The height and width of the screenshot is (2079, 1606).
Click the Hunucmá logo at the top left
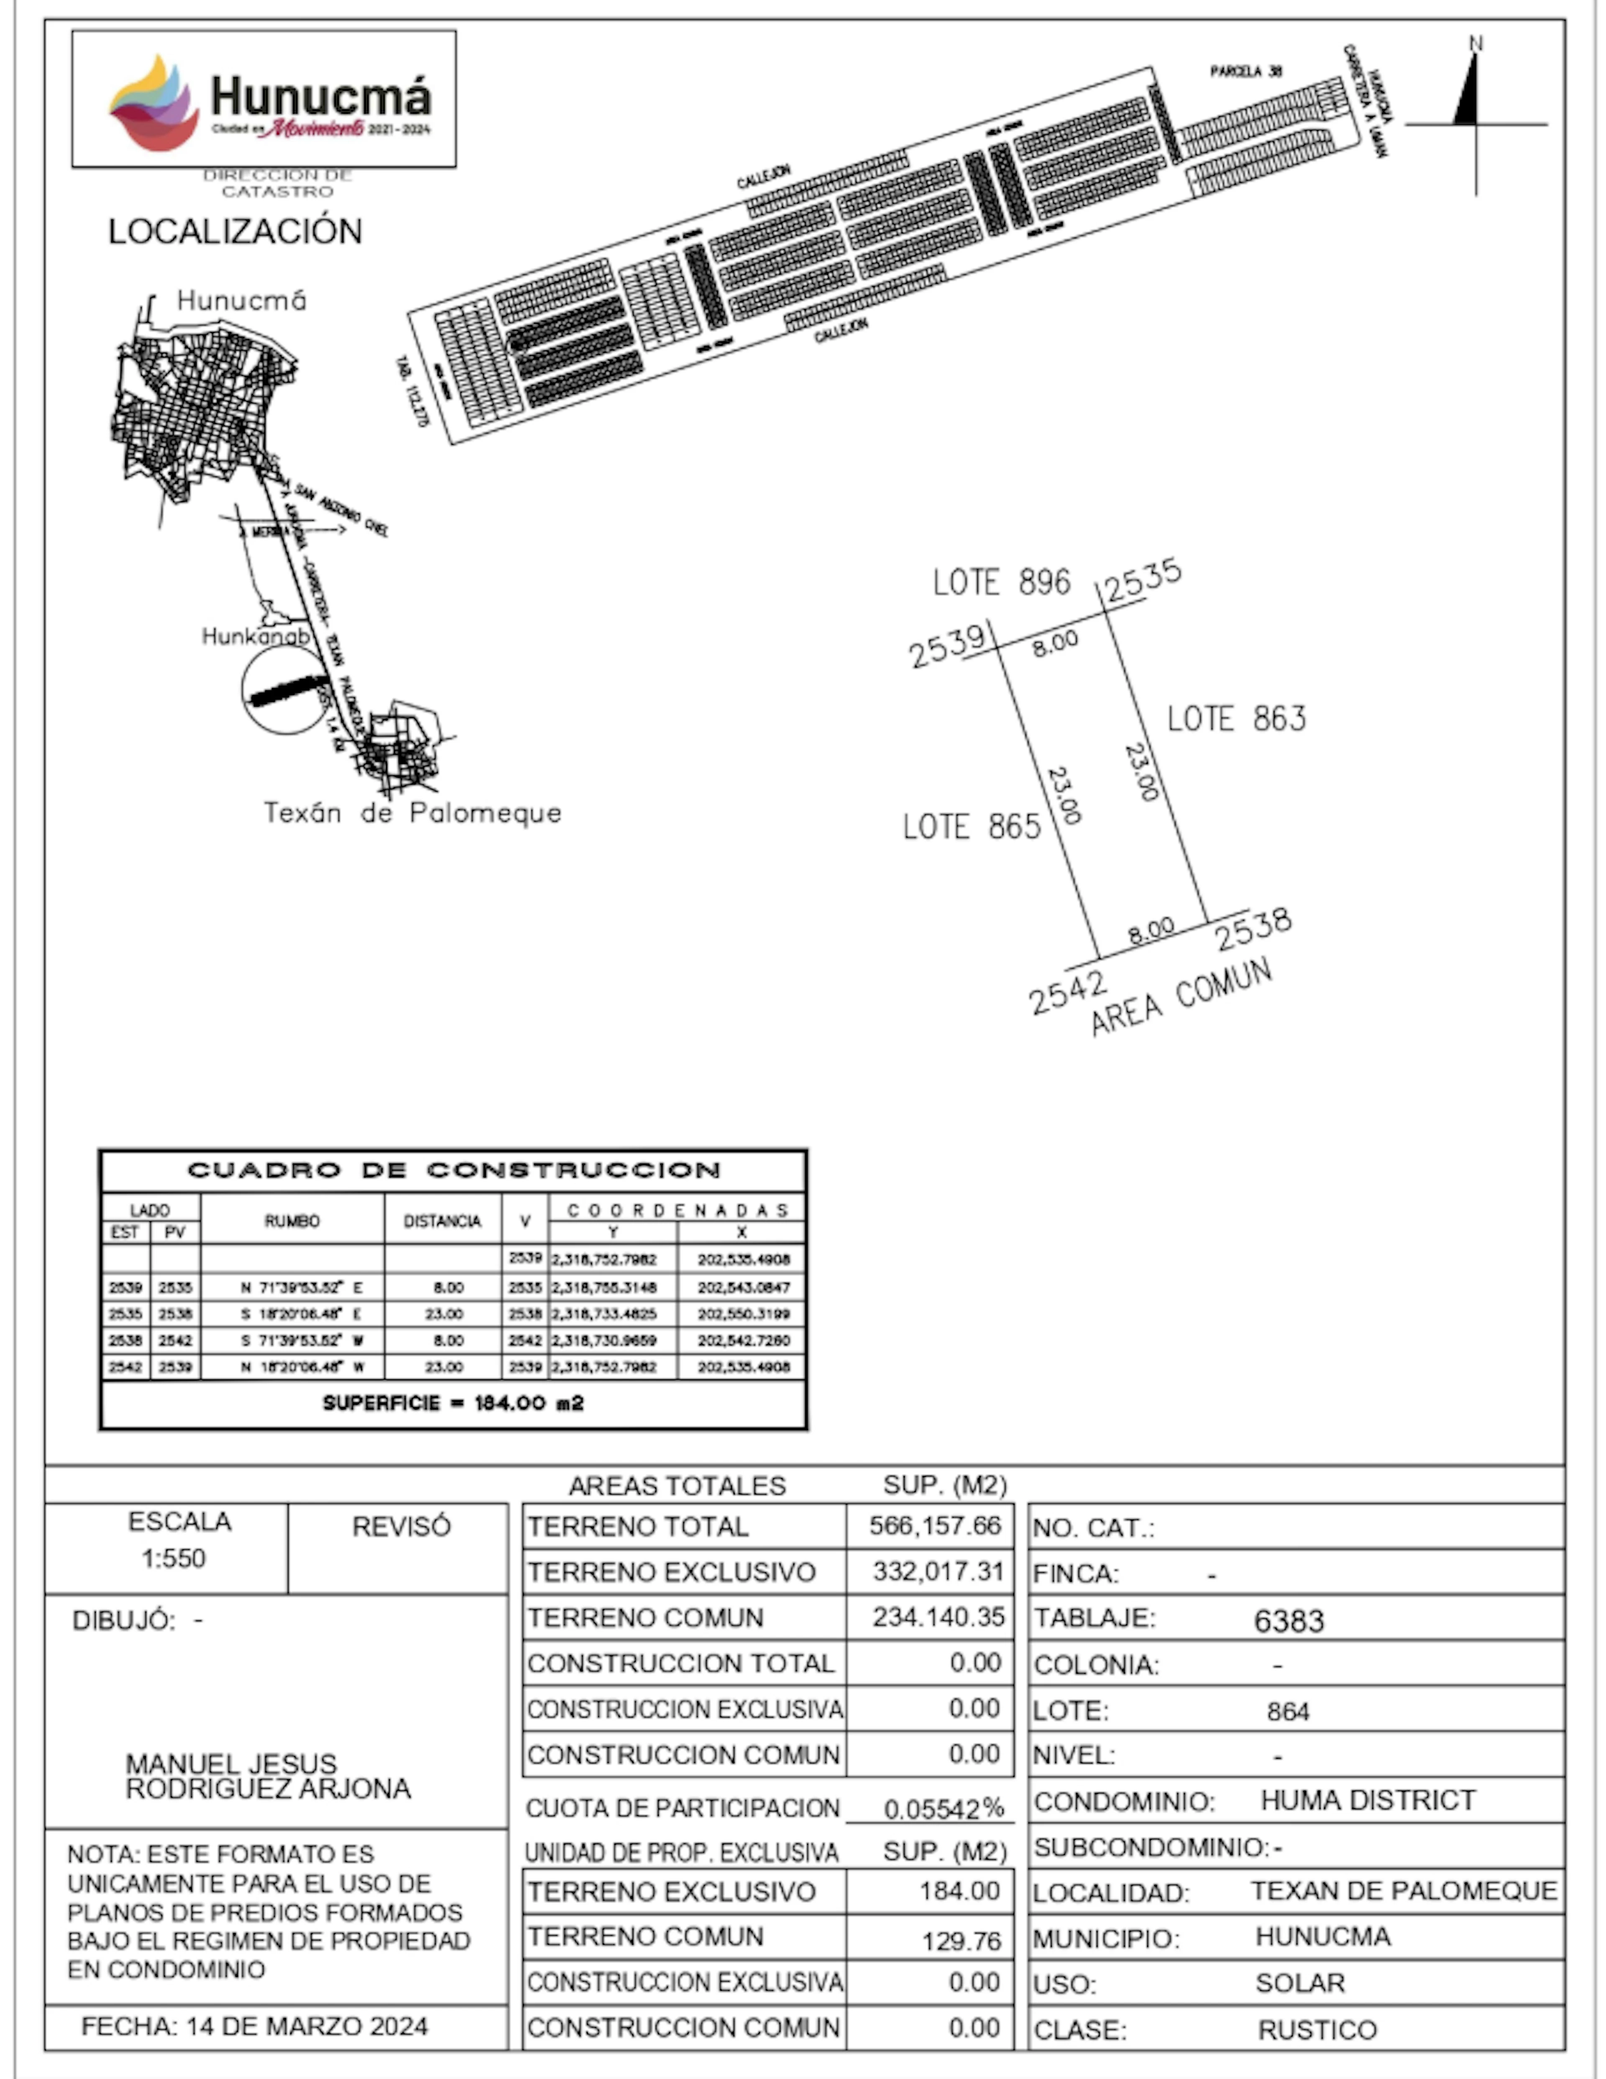pos(264,99)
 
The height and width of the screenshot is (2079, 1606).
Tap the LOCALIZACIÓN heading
pos(235,231)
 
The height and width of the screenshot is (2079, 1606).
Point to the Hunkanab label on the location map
pos(255,636)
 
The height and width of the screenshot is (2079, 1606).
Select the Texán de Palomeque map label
pos(412,813)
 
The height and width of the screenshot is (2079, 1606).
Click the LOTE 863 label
pos(1237,719)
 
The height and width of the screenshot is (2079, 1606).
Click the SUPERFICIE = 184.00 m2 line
pos(453,1403)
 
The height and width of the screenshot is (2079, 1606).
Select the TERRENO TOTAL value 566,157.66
pos(935,1526)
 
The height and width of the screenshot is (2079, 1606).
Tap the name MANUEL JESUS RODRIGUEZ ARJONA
pos(268,1776)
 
